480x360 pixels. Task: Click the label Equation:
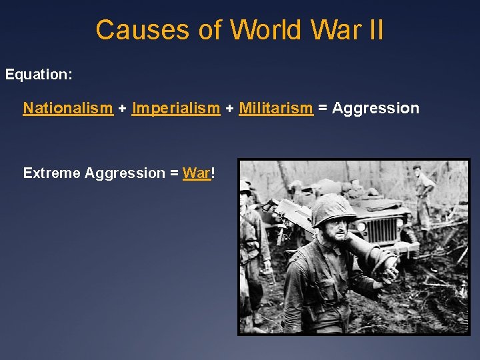click(x=39, y=75)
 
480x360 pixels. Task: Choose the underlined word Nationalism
click(x=68, y=108)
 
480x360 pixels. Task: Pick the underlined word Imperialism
click(x=176, y=108)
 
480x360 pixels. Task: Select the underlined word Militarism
click(x=276, y=108)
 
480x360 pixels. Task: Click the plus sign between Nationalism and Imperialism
click(x=123, y=109)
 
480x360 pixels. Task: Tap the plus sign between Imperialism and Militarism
click(x=229, y=109)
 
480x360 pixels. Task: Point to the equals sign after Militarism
click(x=323, y=109)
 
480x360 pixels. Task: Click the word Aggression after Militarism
click(x=376, y=108)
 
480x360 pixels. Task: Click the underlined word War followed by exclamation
click(x=196, y=173)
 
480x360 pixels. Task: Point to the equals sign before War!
click(x=173, y=174)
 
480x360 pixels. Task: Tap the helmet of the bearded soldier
click(x=333, y=211)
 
